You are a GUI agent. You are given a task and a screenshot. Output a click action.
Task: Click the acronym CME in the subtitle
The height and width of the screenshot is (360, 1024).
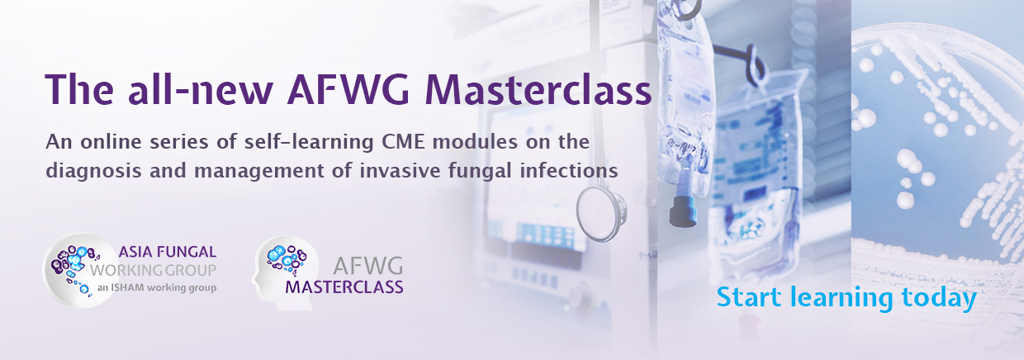[404, 142]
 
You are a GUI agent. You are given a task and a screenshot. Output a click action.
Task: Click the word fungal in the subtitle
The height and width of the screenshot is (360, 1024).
[481, 172]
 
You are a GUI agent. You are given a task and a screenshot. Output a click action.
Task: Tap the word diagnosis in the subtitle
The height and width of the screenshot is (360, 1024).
[93, 172]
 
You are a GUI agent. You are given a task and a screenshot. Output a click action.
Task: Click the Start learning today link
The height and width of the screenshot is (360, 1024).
[846, 298]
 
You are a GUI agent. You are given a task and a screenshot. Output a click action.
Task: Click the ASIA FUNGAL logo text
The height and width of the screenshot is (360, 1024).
[168, 252]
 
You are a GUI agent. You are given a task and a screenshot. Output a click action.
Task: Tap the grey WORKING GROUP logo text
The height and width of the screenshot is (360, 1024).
[153, 270]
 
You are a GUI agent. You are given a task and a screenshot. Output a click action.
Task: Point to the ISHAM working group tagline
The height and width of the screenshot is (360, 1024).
[157, 288]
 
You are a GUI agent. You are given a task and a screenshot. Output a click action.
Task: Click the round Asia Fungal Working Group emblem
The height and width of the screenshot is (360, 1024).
[80, 271]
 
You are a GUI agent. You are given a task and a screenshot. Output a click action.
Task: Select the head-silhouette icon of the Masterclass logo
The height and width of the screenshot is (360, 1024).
[283, 272]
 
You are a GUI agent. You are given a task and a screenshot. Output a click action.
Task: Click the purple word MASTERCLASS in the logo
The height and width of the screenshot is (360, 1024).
[344, 287]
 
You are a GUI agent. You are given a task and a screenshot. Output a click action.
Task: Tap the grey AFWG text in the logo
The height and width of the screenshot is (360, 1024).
[368, 266]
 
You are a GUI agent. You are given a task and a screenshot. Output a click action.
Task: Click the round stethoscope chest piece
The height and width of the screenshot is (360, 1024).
[600, 214]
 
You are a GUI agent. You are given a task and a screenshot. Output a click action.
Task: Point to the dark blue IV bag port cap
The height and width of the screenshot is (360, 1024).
[683, 211]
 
